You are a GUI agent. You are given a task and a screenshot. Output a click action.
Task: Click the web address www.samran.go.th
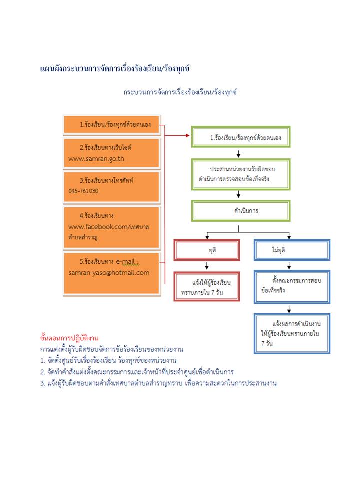96,159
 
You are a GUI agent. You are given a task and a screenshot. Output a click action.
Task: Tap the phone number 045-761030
83,191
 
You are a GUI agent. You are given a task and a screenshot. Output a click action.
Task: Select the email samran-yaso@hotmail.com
109,273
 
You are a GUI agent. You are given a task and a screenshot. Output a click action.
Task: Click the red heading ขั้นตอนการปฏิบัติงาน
69,338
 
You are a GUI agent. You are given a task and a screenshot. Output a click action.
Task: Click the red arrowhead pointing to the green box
188,135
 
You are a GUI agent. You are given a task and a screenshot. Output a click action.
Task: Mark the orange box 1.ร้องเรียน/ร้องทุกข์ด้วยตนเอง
112,125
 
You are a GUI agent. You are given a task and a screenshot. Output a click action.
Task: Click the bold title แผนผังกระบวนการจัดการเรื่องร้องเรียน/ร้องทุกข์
115,68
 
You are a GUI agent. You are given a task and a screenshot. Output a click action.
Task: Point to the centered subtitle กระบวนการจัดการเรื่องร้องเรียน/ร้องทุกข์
180,92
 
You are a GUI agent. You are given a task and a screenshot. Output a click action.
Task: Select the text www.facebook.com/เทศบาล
108,227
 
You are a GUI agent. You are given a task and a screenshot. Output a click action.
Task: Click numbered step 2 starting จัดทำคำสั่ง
137,372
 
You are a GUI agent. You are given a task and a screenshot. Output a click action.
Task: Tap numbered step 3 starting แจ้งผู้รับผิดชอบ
158,383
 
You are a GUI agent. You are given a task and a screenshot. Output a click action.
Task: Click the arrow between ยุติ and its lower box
207,266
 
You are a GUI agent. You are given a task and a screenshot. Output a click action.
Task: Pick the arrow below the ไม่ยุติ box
289,266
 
